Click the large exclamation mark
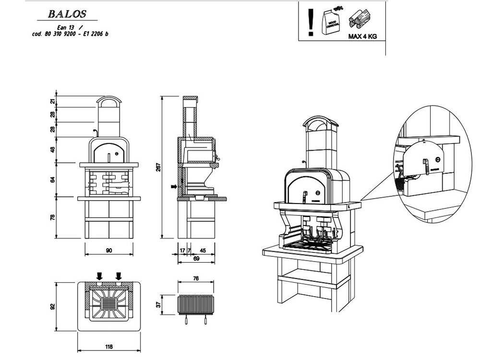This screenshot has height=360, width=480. coord(311,21)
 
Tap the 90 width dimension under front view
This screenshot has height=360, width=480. coord(109,250)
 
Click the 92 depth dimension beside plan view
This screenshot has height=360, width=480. coord(53,306)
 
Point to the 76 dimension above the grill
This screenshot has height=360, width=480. coord(196,278)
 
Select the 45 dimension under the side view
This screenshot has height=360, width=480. coord(203,250)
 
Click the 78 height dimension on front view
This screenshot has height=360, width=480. coord(53,217)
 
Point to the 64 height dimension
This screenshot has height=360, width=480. coord(53,180)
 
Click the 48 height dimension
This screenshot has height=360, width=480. coord(53,149)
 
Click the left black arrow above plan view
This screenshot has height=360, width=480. coord(99,276)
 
